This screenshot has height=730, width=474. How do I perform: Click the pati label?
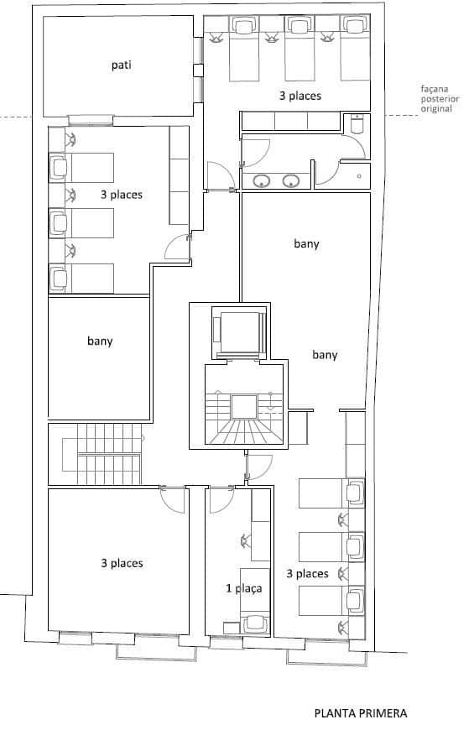(x=121, y=64)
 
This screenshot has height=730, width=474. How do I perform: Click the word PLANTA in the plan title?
(x=334, y=713)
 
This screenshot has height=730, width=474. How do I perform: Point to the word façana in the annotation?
(x=438, y=90)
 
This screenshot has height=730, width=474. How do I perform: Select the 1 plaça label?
(x=244, y=588)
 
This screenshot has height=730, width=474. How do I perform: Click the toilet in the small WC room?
(x=356, y=125)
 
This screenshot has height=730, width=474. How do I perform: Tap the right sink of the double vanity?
(x=291, y=180)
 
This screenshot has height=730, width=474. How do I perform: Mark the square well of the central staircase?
(x=242, y=406)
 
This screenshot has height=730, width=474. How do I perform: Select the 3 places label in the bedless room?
(x=121, y=563)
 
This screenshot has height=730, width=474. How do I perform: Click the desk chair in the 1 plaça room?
(x=254, y=622)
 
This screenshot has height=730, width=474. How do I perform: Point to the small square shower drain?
(x=358, y=176)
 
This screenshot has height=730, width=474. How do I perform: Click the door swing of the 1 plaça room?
(x=221, y=500)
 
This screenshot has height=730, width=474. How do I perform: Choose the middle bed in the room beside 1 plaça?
(x=327, y=546)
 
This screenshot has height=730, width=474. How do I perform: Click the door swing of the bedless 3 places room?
(x=174, y=500)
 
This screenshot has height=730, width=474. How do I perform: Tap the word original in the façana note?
(x=438, y=109)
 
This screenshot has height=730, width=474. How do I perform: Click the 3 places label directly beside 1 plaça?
(x=307, y=574)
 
